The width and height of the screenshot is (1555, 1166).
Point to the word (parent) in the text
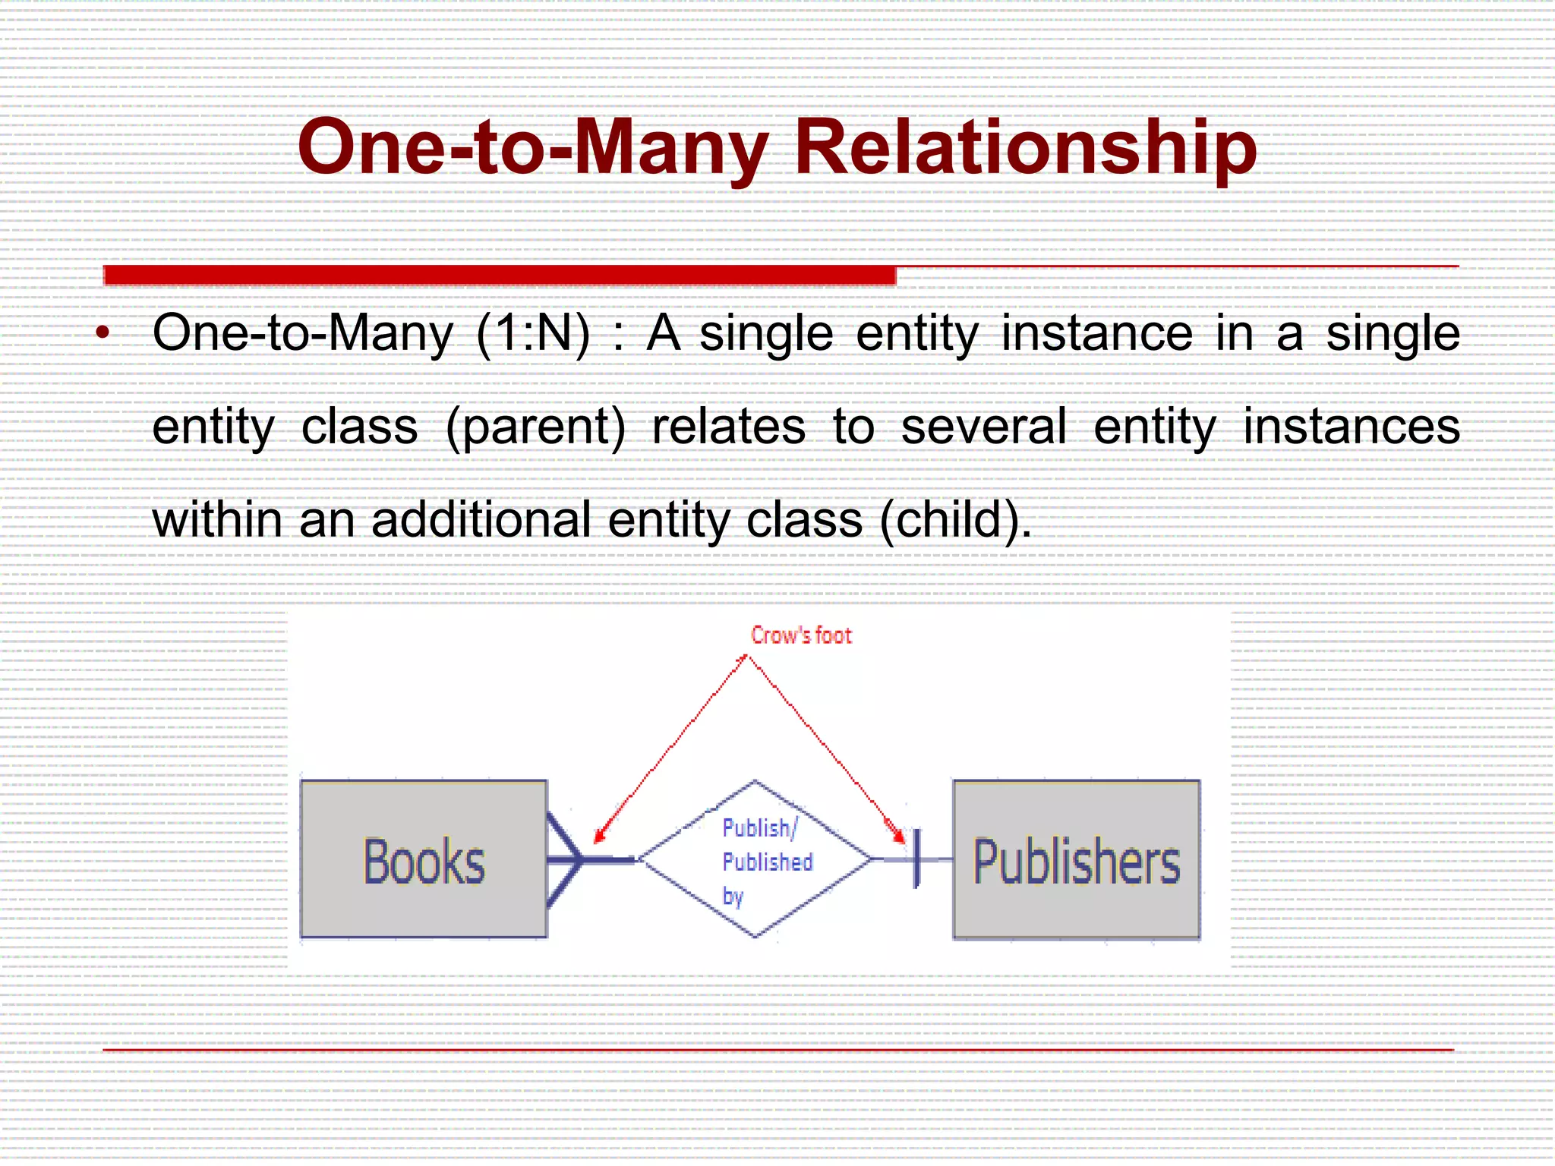pyautogui.click(x=536, y=426)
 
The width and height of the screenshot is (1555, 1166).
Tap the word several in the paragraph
pyautogui.click(x=984, y=426)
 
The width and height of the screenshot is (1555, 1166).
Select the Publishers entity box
pyautogui.click(x=1076, y=860)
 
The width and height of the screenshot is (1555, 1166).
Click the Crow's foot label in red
pyautogui.click(x=801, y=635)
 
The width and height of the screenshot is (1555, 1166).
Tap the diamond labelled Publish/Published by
pyautogui.click(x=755, y=859)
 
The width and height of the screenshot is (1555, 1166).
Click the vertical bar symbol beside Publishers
pyautogui.click(x=916, y=859)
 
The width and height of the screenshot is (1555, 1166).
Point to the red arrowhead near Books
pyautogui.click(x=599, y=836)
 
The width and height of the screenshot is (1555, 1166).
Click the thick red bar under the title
pyautogui.click(x=499, y=275)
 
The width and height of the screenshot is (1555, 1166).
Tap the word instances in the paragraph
pyautogui.click(x=1351, y=426)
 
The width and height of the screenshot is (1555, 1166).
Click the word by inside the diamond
pyautogui.click(x=733, y=896)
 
